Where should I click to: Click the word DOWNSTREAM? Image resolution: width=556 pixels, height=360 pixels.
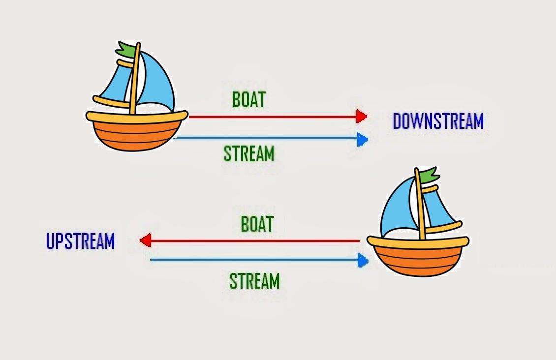[x=438, y=121]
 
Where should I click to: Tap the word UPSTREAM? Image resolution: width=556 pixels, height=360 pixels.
[x=81, y=241]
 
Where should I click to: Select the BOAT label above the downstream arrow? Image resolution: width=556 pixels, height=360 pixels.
[x=248, y=99]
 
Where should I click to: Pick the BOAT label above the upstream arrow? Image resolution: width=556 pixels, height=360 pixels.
[x=257, y=224]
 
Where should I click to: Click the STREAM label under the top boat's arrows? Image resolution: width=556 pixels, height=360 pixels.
[x=248, y=153]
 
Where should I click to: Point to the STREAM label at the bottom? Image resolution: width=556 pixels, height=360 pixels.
[x=254, y=281]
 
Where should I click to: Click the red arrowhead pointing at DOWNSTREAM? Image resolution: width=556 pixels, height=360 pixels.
[x=362, y=117]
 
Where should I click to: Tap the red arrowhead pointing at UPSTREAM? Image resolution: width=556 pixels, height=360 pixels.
[x=145, y=240]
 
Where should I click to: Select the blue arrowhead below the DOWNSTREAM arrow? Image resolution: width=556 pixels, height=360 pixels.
[x=363, y=139]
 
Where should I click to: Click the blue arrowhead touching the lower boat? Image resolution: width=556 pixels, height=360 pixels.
[x=363, y=260]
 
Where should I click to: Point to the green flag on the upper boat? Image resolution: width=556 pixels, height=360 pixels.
[x=126, y=49]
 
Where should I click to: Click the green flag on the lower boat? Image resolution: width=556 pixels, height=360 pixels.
[x=428, y=175]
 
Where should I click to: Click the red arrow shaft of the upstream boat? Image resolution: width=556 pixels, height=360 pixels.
[x=256, y=241]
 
